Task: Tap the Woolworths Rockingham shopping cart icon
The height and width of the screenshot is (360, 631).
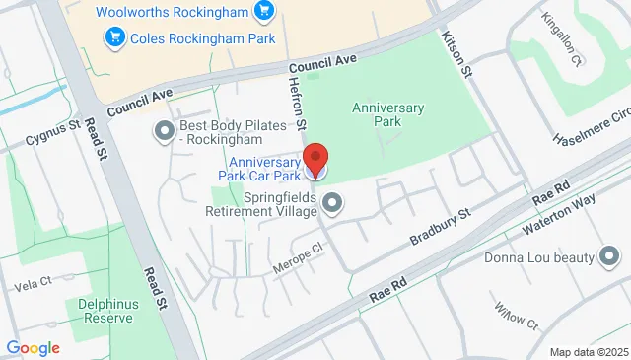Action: pos(262,12)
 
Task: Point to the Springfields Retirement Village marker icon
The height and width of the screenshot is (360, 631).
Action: pos(333,204)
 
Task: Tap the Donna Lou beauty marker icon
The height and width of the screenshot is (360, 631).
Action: pos(609,258)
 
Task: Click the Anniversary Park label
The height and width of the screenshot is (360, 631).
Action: pos(388,114)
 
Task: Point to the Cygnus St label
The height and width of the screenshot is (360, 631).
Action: pos(52,129)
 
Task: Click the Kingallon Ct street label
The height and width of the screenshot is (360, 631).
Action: pos(562,40)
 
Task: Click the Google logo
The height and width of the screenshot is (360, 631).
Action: pos(33,347)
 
